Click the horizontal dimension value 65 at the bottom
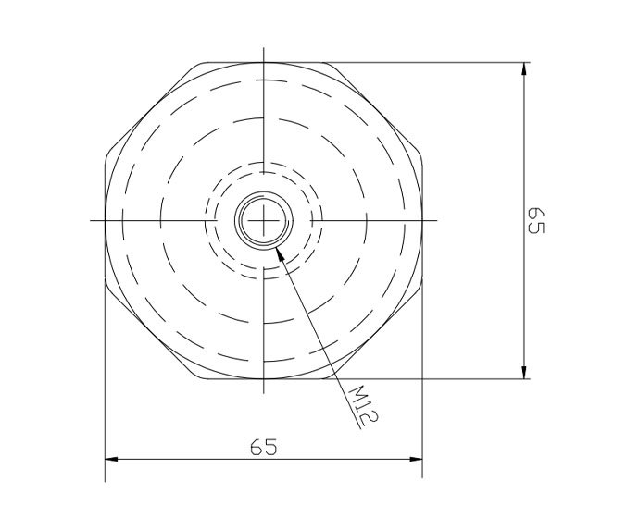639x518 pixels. (264, 447)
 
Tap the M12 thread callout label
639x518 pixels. (363, 405)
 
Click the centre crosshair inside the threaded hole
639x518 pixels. (264, 221)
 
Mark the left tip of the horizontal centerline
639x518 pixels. (91, 221)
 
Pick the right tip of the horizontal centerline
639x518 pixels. (438, 221)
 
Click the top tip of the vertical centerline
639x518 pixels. (264, 46)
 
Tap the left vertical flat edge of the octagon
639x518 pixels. (105, 221)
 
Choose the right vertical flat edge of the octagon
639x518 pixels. (423, 221)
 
